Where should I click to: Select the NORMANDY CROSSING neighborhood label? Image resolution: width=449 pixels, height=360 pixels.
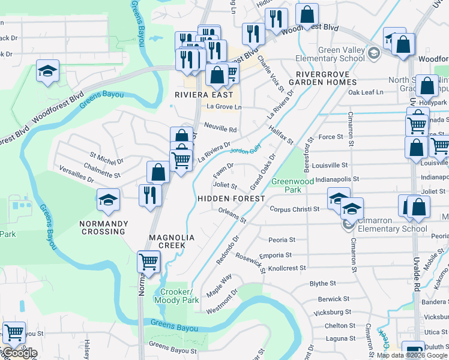tap(104, 224)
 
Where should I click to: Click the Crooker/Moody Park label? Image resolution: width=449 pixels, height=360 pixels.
tap(176, 295)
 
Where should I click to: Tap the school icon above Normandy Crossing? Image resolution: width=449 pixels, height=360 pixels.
tap(108, 199)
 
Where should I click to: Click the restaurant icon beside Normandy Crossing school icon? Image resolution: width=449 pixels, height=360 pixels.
tap(150, 195)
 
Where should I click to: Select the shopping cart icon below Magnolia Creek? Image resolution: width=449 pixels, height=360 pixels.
tap(148, 261)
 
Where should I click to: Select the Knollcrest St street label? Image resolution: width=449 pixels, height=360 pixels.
tap(287, 268)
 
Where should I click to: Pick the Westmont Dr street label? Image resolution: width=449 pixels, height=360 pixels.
tap(221, 301)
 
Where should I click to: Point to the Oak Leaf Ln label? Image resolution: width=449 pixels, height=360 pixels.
tap(366, 92)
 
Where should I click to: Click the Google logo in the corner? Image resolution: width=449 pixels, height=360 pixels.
tap(19, 353)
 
